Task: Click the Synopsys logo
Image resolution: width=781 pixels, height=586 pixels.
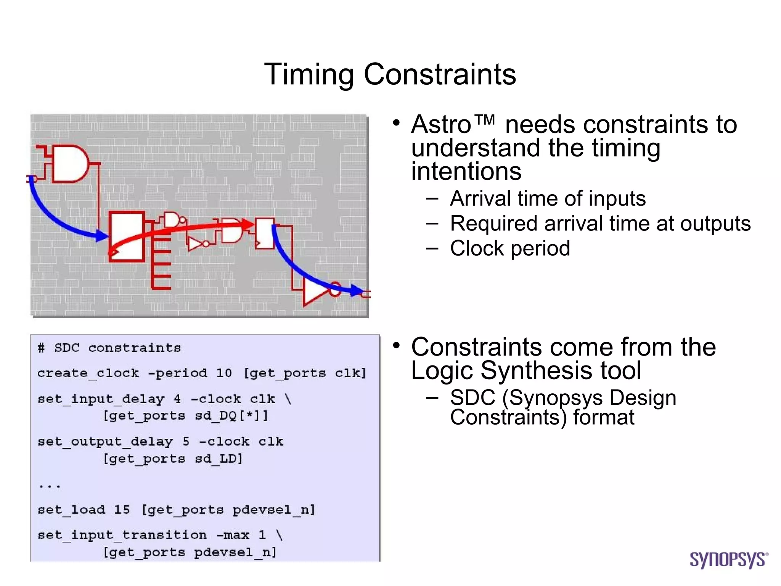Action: [x=728, y=559]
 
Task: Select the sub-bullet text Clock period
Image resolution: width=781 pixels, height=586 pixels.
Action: [x=510, y=248]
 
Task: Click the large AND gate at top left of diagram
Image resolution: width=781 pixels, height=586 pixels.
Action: [x=69, y=163]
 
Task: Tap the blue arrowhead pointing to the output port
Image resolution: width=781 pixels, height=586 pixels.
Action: [x=357, y=291]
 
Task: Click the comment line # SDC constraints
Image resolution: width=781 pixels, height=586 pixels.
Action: [x=109, y=348]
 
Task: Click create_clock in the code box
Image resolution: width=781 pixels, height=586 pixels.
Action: [x=88, y=373]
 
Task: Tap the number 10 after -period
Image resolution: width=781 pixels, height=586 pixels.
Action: [x=224, y=373]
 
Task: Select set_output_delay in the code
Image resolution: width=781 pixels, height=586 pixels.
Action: [x=105, y=442]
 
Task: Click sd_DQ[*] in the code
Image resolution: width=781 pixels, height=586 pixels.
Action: [x=228, y=415]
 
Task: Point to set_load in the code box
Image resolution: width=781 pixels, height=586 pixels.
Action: [x=71, y=510]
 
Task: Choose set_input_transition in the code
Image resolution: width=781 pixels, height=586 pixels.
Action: [x=122, y=535]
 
